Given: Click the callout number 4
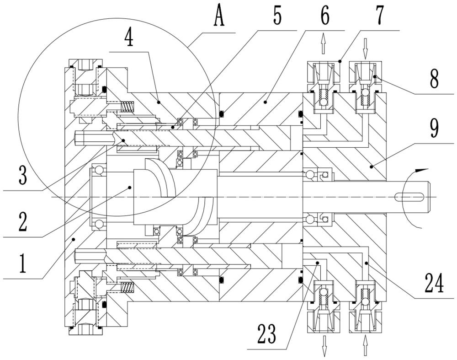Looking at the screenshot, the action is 129,38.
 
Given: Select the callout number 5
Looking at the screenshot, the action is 277,16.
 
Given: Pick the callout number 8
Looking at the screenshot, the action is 434,79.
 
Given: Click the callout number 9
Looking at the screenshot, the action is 434,129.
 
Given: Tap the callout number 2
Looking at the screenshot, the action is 23,222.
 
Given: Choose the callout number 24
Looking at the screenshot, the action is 434,283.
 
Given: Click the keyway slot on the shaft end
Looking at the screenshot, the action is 409,198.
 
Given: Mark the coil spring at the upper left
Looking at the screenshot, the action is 128,106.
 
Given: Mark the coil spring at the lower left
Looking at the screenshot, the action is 128,287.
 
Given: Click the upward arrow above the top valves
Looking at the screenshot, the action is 323,43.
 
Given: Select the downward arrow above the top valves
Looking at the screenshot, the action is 365,49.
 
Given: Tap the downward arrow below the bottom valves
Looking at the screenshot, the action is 324,346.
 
